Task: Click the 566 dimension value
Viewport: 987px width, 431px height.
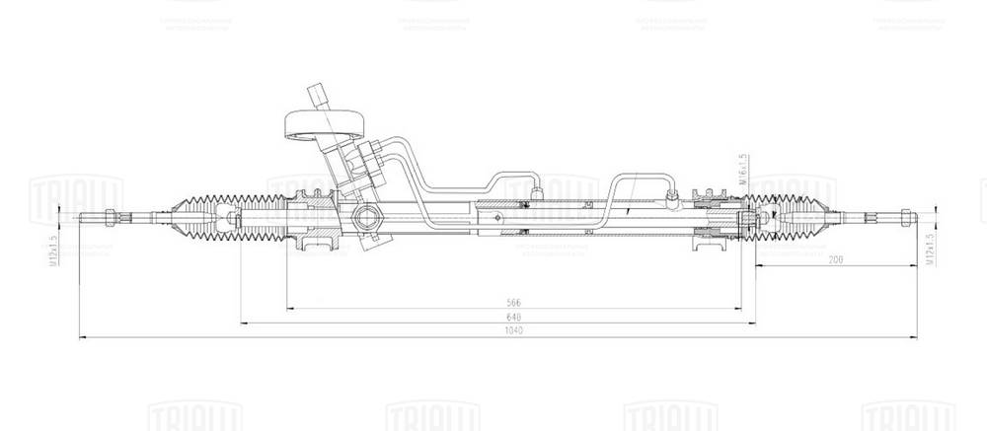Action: (x=512, y=302)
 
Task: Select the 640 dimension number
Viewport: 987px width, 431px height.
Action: (x=512, y=317)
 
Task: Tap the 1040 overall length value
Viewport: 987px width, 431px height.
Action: (x=512, y=331)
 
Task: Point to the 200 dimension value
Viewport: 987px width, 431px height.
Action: (x=837, y=260)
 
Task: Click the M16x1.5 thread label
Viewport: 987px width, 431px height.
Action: (x=740, y=170)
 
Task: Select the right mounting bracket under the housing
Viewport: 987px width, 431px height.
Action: (x=709, y=245)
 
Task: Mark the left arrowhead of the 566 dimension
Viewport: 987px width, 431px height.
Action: (x=288, y=308)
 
